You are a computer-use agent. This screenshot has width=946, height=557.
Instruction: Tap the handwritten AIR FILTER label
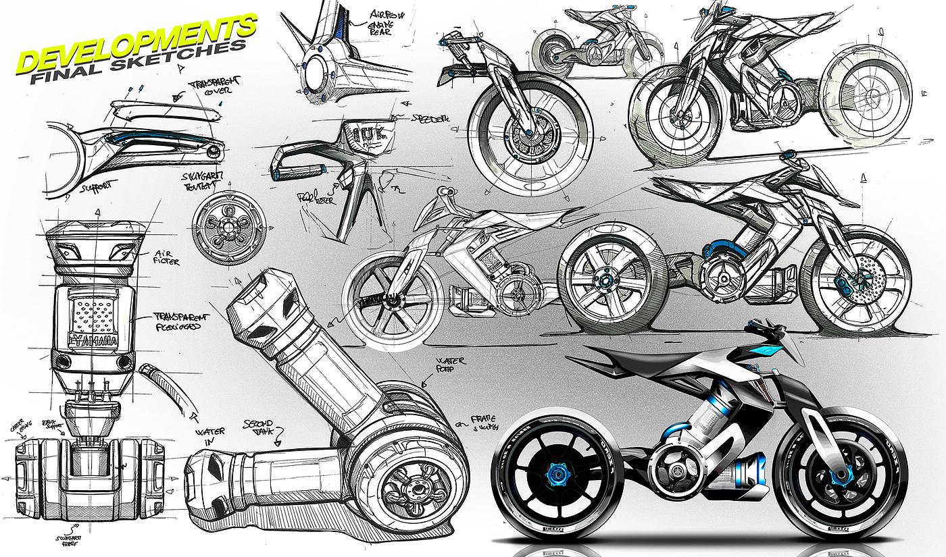165,256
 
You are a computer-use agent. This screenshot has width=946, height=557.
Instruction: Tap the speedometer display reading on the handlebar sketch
364,131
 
